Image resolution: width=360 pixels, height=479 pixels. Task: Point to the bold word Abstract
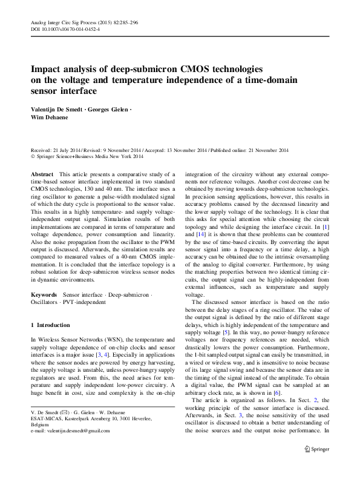[41, 174]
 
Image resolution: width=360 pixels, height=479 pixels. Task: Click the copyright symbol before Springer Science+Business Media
[33, 157]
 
